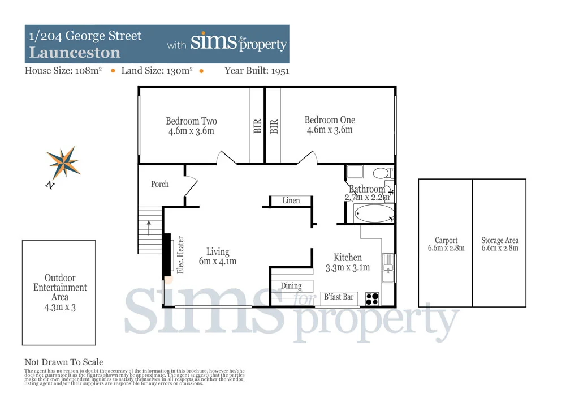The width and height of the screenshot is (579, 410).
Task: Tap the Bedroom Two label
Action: pyautogui.click(x=191, y=121)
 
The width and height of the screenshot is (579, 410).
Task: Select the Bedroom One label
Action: pyautogui.click(x=330, y=119)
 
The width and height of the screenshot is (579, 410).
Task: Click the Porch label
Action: pyautogui.click(x=160, y=184)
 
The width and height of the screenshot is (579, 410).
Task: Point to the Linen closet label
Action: pyautogui.click(x=291, y=200)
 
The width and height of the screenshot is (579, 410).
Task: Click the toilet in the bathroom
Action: pyautogui.click(x=381, y=172)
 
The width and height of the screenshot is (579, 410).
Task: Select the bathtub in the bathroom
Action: pyautogui.click(x=373, y=214)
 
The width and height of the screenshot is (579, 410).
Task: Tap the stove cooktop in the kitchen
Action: pyautogui.click(x=372, y=298)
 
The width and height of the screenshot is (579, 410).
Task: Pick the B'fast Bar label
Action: pyautogui.click(x=338, y=297)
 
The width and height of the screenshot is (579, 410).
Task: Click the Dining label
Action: pyautogui.click(x=291, y=286)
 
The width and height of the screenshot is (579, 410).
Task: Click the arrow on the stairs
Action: pyautogui.click(x=149, y=227)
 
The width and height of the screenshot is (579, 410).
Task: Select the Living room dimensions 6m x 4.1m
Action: pyautogui.click(x=218, y=261)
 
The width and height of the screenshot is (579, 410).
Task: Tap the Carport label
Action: pyautogui.click(x=446, y=240)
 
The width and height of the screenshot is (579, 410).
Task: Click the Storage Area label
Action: pyautogui.click(x=500, y=240)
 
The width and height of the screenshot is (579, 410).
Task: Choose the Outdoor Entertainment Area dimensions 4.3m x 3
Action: pyautogui.click(x=59, y=306)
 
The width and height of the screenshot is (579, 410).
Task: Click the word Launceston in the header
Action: pyautogui.click(x=75, y=53)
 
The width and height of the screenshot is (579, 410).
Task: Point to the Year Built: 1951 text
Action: pyautogui.click(x=257, y=71)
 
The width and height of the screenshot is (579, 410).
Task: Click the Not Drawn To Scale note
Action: pyautogui.click(x=64, y=362)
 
